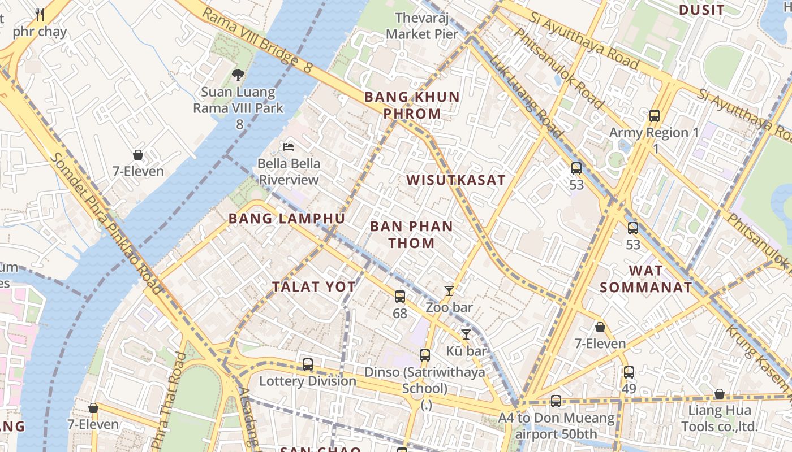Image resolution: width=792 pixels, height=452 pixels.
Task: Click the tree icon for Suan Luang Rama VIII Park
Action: click(x=238, y=75)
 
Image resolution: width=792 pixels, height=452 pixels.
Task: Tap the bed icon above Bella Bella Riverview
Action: click(x=289, y=147)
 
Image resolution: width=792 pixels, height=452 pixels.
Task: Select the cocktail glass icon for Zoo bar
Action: click(x=449, y=291)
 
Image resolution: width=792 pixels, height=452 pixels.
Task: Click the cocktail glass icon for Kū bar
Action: click(x=466, y=334)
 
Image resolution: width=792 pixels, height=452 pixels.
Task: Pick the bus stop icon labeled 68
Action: click(x=400, y=296)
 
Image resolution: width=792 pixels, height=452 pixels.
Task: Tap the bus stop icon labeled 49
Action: click(x=629, y=372)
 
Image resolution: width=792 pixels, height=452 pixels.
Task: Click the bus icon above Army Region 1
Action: click(x=655, y=116)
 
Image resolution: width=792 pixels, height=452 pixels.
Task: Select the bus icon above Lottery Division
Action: click(x=308, y=364)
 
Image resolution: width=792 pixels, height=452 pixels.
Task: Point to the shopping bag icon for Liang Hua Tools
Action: click(x=720, y=394)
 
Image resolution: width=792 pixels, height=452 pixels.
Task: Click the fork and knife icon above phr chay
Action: click(x=40, y=14)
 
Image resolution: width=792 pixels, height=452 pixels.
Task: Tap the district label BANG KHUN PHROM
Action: click(x=412, y=105)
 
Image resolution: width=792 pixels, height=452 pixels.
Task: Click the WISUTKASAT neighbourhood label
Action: click(x=456, y=180)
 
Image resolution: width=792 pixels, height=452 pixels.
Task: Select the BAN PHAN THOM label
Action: click(x=411, y=234)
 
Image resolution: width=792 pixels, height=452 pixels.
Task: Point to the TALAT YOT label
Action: click(x=314, y=286)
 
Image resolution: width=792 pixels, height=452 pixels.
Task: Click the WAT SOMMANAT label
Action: click(x=645, y=279)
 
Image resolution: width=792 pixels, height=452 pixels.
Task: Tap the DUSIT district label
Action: click(x=701, y=10)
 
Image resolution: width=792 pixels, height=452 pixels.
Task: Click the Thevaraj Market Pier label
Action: click(x=422, y=26)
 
